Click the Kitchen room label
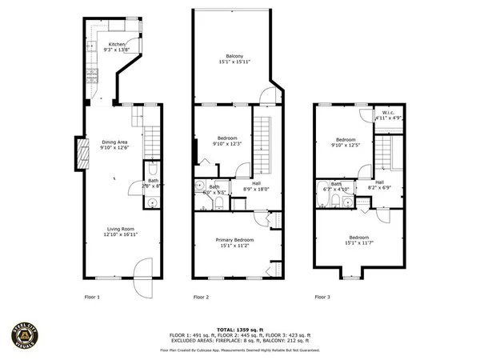coord(117,44)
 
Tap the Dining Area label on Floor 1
coord(115,142)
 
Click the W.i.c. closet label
coord(390,114)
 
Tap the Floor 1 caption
coord(92,297)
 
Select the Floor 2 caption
coord(201,297)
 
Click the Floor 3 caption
coord(321,297)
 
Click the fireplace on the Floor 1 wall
coord(81,154)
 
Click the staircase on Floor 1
coord(151,141)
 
